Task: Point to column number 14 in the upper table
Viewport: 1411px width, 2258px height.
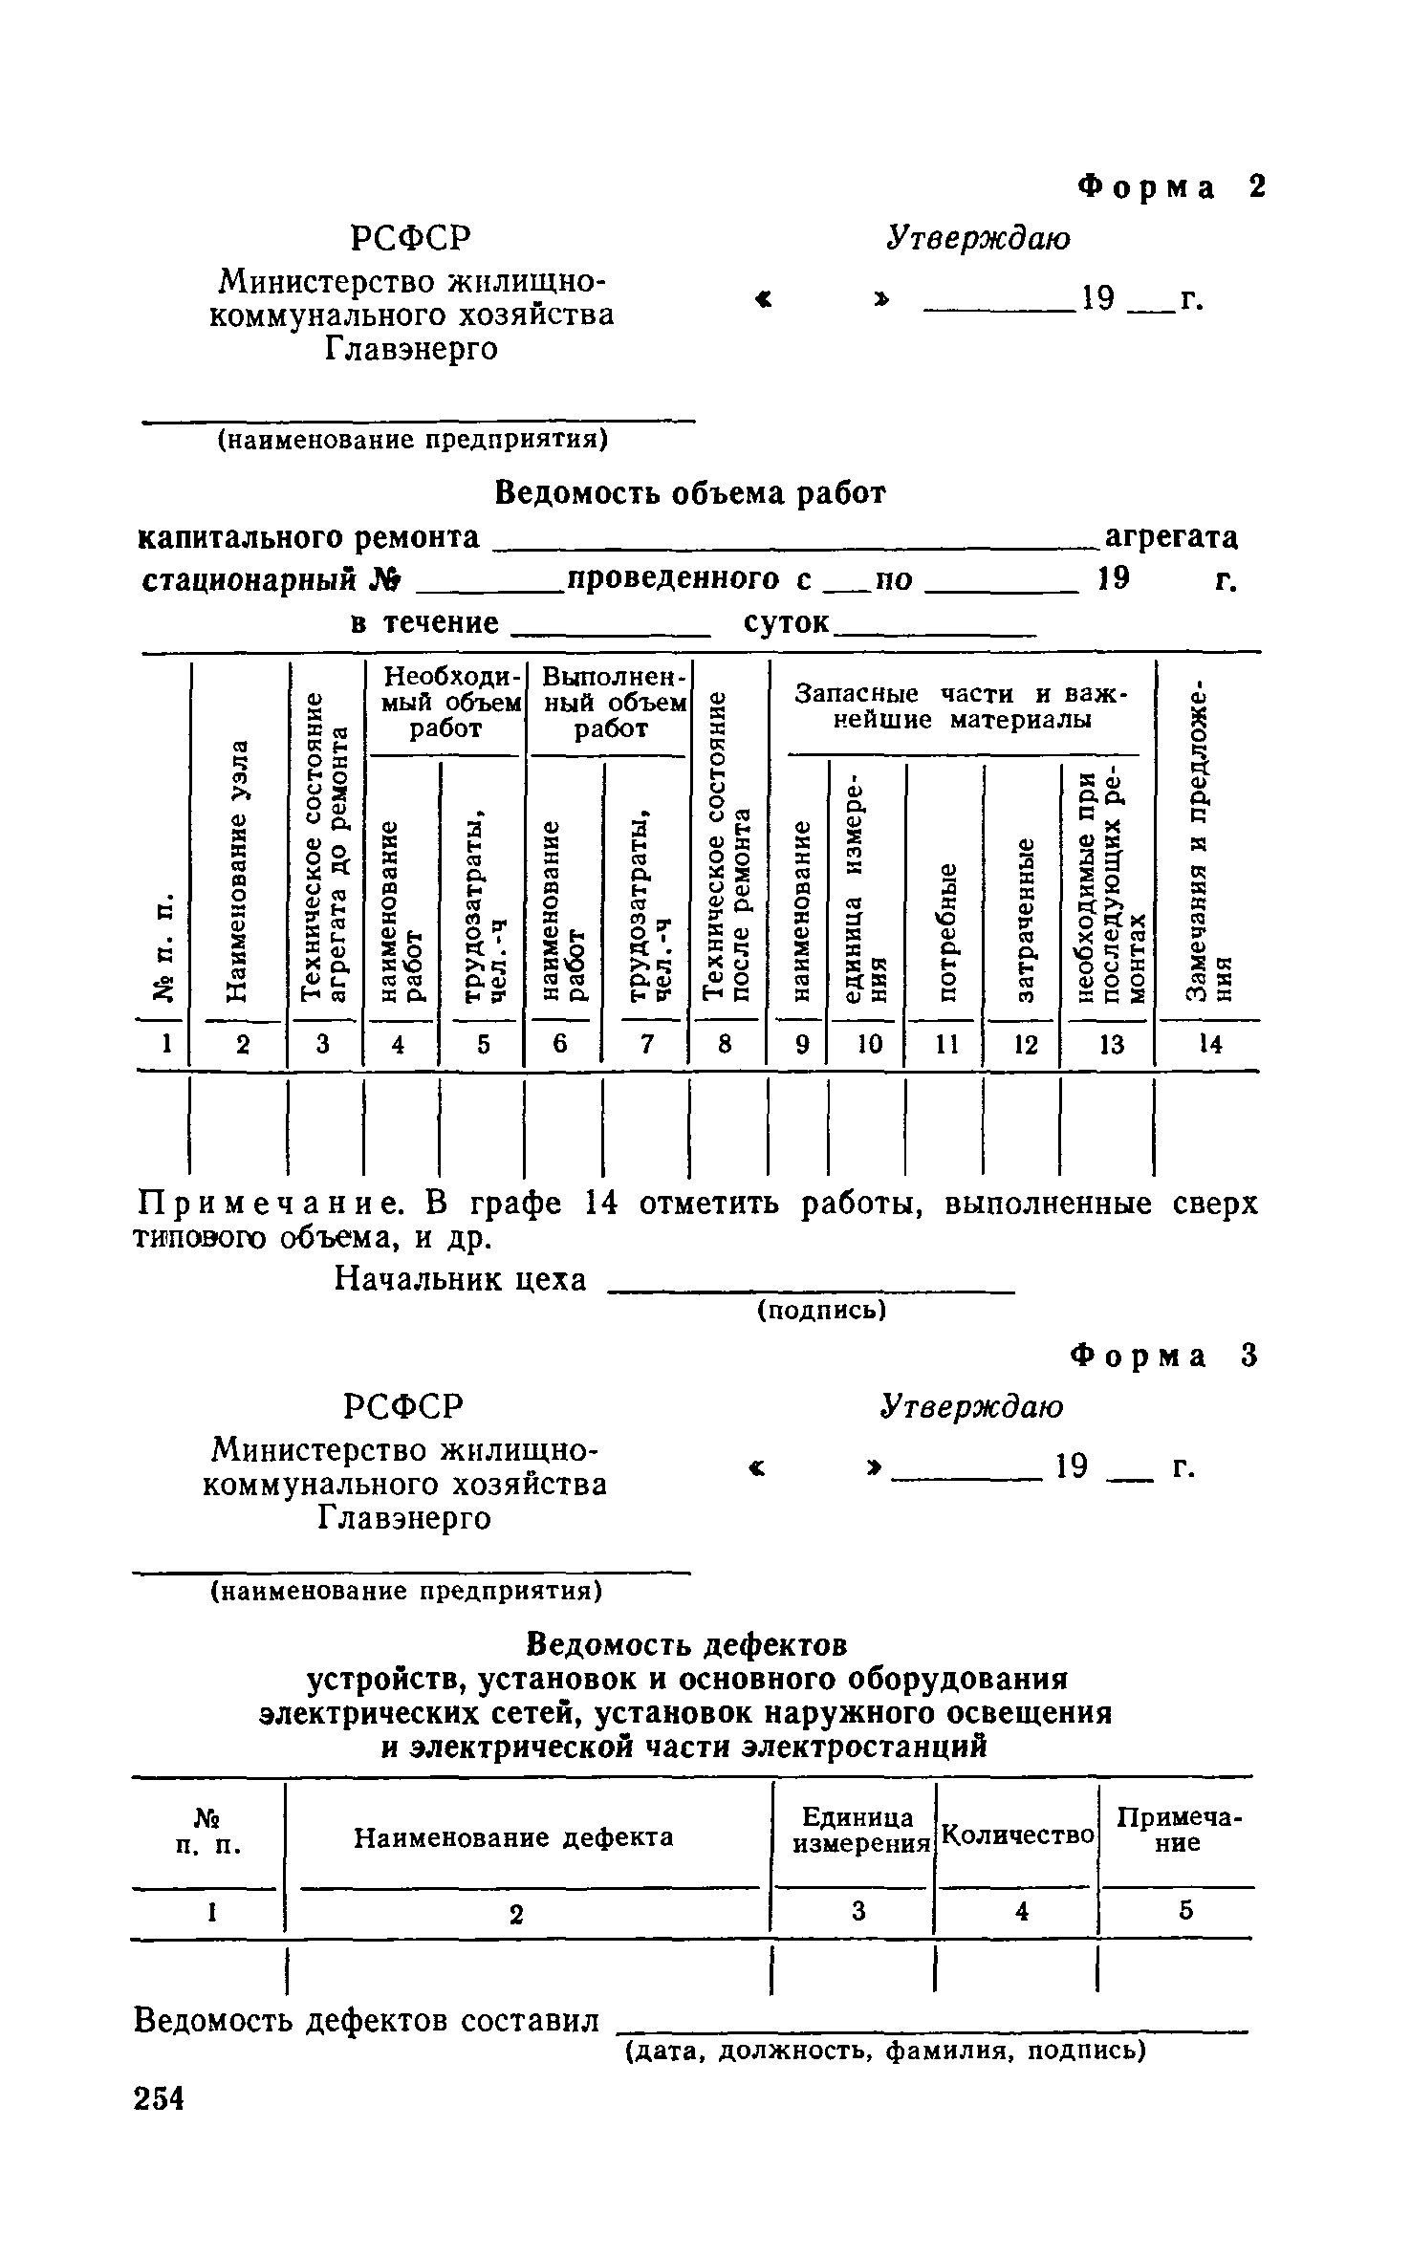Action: pyautogui.click(x=1209, y=1045)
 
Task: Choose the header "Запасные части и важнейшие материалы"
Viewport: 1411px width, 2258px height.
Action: pyautogui.click(x=962, y=706)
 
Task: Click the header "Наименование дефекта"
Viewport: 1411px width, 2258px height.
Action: pyautogui.click(x=513, y=1837)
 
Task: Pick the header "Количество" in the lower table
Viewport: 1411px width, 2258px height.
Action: pyautogui.click(x=1017, y=1835)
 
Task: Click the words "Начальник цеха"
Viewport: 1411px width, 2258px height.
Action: pyautogui.click(x=460, y=1279)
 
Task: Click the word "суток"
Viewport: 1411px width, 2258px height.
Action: pyautogui.click(x=786, y=622)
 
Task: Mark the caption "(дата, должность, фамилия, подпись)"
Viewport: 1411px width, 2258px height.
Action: pyautogui.click(x=884, y=2050)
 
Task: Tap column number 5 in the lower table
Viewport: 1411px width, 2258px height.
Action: pyautogui.click(x=1185, y=1911)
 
